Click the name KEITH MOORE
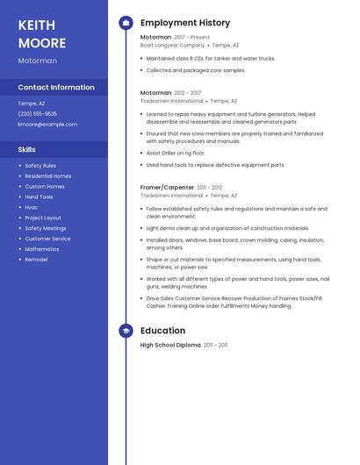click(42, 33)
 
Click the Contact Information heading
click(56, 87)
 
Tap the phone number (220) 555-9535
click(38, 113)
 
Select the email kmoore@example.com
click(47, 124)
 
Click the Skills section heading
click(27, 149)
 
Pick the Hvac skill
click(32, 207)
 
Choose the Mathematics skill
click(42, 248)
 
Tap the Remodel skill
click(36, 259)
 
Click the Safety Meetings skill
click(46, 228)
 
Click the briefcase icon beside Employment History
click(126, 23)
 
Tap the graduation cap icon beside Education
click(126, 331)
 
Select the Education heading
click(162, 331)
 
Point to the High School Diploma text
click(171, 345)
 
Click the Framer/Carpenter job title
click(168, 187)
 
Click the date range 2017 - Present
click(192, 38)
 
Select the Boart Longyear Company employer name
click(172, 45)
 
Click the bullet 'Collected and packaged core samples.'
click(196, 70)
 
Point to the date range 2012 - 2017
click(188, 93)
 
